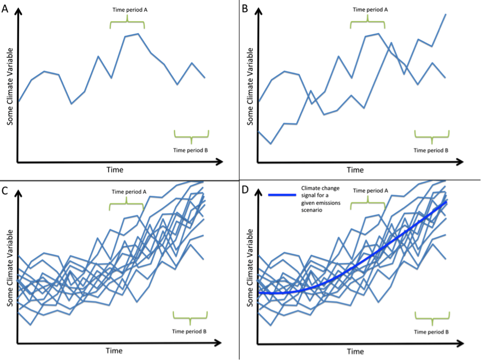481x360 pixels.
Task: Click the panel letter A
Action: point(5,10)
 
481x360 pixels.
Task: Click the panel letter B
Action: point(246,9)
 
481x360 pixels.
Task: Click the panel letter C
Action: point(5,191)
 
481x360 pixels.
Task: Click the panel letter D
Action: point(246,191)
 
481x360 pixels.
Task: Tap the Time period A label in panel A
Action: point(127,10)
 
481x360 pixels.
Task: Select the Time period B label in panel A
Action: point(191,151)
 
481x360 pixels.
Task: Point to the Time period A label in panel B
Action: point(367,10)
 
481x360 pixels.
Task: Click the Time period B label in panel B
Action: point(431,151)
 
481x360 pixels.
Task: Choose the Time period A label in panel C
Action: point(127,192)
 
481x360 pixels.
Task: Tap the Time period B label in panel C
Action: point(190,332)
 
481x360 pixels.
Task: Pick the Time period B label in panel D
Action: point(431,332)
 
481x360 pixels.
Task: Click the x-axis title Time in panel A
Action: point(115,170)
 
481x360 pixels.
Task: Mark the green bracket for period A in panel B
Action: point(367,23)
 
